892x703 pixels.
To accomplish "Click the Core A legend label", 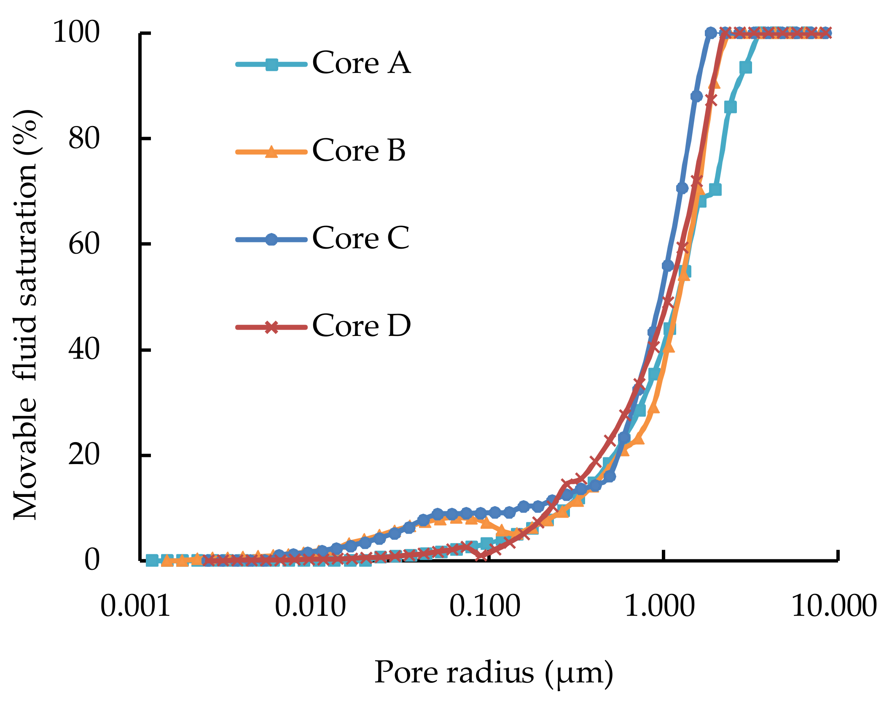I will click(x=361, y=63).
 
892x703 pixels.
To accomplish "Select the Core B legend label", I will click(x=358, y=150).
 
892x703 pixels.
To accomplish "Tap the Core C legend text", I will click(x=360, y=238).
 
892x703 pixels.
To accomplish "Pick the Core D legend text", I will click(x=361, y=326).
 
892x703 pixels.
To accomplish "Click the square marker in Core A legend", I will click(x=271, y=64).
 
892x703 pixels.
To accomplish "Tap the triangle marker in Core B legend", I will click(x=271, y=152).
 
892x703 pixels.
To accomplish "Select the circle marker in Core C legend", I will click(x=271, y=239).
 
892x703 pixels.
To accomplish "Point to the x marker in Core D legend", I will click(x=271, y=327).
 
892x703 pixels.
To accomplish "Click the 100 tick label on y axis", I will click(x=76, y=32).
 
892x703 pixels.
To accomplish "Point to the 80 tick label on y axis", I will click(x=84, y=138).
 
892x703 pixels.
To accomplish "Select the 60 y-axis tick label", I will click(x=84, y=244).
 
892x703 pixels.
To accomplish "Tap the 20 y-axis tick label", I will click(x=84, y=455).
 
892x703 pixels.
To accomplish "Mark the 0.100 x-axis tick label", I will click(x=484, y=607).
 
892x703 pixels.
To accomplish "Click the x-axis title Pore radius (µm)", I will click(x=493, y=673).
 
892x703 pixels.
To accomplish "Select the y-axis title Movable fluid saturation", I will click(x=26, y=314).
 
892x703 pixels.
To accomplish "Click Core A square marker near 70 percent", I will click(x=715, y=190).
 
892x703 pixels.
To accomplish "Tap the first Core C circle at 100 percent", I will click(x=710, y=32).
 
